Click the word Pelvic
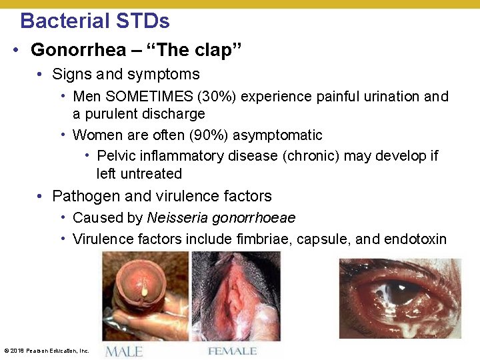(115, 156)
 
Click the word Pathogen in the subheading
(81, 196)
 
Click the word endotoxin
(415, 239)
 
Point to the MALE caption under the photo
(123, 351)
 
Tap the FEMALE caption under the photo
(232, 351)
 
